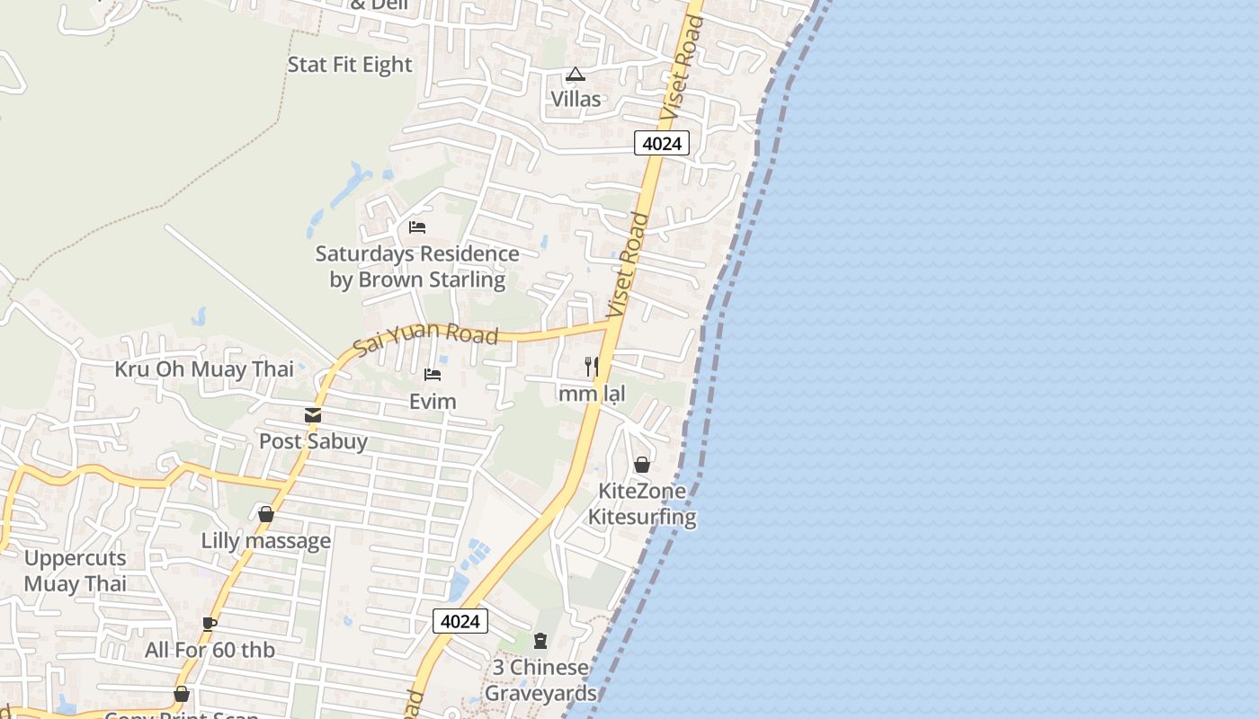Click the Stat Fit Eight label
(350, 65)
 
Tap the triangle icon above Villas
(576, 74)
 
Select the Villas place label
(576, 99)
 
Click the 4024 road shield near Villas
(662, 143)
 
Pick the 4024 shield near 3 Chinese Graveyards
(460, 621)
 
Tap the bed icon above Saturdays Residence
(417, 226)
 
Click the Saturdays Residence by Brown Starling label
(417, 267)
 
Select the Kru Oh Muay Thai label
(204, 369)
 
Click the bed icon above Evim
(433, 375)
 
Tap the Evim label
(433, 401)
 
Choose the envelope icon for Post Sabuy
(313, 415)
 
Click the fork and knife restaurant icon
(592, 367)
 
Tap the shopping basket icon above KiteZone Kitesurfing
(642, 465)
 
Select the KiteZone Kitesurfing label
(642, 504)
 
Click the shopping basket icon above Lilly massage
(266, 515)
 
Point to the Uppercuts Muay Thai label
(76, 571)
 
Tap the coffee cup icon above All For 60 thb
(210, 624)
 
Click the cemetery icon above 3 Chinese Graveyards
(540, 641)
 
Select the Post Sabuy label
(313, 441)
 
